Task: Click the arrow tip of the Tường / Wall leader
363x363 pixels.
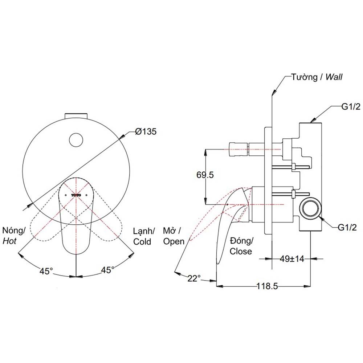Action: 273,95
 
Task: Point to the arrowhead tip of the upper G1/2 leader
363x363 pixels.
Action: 310,122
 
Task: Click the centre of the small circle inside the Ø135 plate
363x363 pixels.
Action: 76,140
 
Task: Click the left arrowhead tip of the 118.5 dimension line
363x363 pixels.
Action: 216,286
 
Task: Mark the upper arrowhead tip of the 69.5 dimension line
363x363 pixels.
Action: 205,149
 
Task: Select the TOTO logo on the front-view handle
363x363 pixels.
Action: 76,189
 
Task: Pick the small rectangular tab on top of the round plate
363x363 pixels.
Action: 76,116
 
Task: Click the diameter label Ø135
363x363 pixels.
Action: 146,131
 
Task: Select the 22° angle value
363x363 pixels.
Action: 194,278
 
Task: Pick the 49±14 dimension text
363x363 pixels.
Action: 292,258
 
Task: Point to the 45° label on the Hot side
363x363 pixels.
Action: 46,271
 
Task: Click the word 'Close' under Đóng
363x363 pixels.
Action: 241,251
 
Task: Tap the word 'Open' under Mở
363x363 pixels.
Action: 174,241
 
